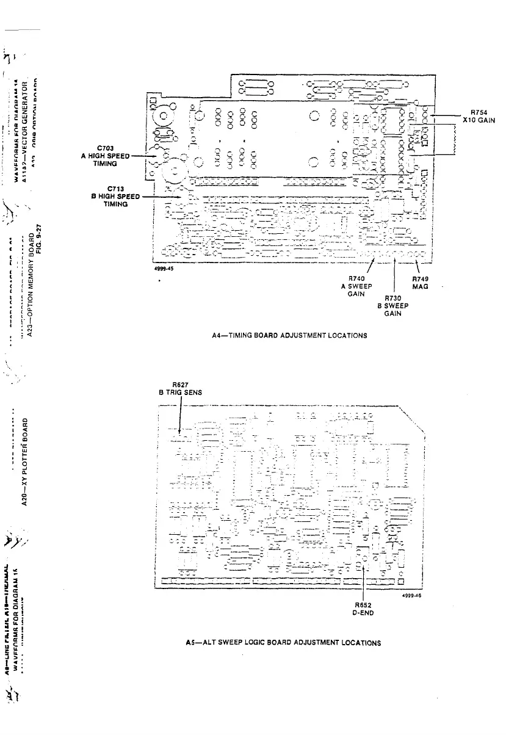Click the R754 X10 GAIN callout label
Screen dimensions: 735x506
coord(478,116)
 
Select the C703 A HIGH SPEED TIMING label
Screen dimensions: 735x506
coord(105,156)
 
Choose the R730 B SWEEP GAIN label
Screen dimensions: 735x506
coord(392,305)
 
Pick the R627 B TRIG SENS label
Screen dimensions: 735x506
coord(179,389)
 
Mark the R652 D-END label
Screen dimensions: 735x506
coord(364,609)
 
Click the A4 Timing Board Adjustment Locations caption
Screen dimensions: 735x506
coord(289,335)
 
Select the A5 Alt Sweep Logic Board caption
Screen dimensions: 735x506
coord(283,642)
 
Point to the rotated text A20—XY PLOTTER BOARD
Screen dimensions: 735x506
coord(25,461)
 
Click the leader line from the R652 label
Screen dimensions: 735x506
coord(364,583)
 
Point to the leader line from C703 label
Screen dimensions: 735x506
coord(144,156)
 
